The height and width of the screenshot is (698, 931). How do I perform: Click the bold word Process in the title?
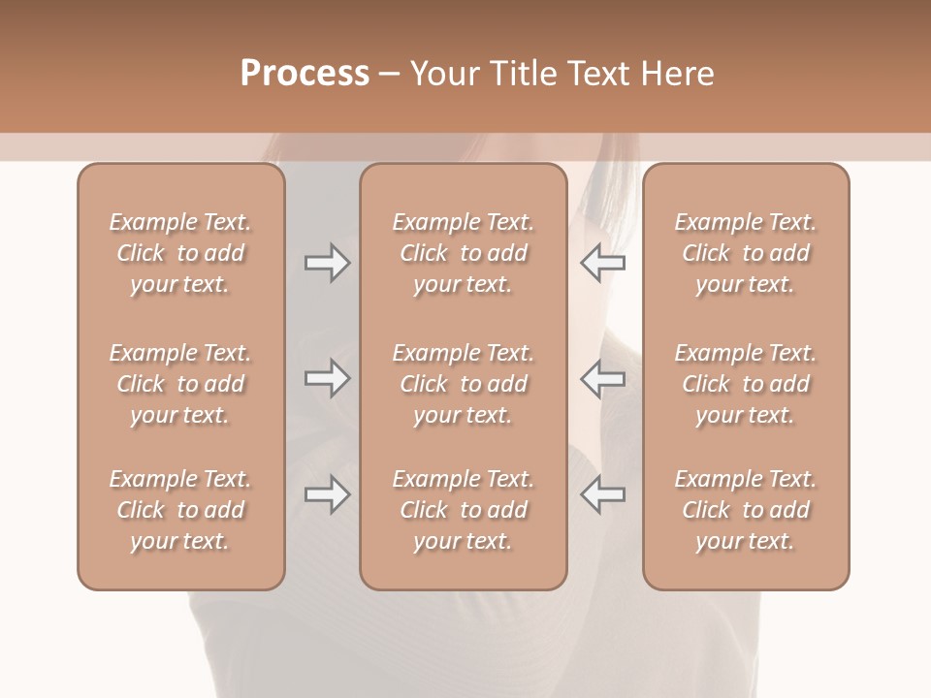(305, 74)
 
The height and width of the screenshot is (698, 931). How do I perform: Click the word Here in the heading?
(676, 74)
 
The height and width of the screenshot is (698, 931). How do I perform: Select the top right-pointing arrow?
(328, 263)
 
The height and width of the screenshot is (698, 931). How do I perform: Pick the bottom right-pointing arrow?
(328, 494)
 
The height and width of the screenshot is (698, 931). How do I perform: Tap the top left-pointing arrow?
(603, 263)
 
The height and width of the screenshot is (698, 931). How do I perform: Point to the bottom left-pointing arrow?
(603, 494)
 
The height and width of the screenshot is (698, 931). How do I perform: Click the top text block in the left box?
(180, 253)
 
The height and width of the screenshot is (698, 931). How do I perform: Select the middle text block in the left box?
(180, 384)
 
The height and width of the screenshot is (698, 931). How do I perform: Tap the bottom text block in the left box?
(180, 510)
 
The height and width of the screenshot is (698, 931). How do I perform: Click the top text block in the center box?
(463, 253)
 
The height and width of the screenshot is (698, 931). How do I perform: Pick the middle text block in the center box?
(463, 384)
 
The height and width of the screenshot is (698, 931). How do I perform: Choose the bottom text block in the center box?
(463, 510)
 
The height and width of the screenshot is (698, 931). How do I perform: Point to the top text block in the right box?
(746, 253)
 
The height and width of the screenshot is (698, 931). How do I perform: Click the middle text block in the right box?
(746, 384)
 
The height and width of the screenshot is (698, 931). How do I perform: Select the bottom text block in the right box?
(746, 510)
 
